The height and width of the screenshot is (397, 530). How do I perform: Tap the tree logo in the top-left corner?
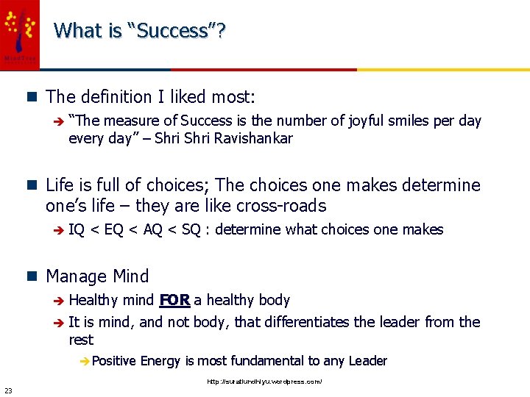20,29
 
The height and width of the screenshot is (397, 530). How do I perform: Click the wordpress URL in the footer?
264,382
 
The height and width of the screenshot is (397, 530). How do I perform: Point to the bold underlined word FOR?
174,300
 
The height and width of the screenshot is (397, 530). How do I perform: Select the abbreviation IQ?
76,229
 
